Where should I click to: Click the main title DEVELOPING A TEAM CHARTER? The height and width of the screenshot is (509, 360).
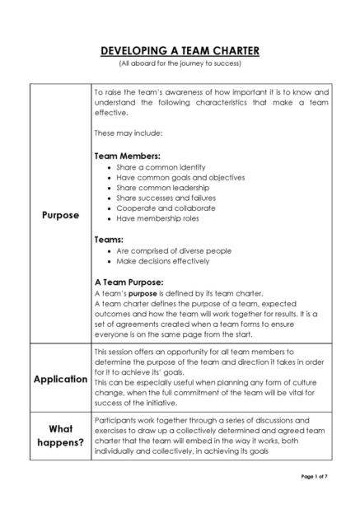[180, 51]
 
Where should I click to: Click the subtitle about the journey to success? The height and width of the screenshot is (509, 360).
[180, 63]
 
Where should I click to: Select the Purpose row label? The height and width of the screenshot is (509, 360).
[60, 215]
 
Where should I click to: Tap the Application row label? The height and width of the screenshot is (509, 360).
[60, 379]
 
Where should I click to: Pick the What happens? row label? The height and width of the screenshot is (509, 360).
[60, 436]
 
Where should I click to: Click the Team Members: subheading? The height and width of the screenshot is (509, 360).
[128, 155]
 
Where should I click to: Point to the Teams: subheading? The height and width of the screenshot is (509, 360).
[110, 239]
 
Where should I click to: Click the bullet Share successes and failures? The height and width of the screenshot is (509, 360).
[166, 198]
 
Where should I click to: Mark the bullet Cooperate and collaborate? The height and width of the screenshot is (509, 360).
[166, 208]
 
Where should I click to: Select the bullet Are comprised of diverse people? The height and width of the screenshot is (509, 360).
[174, 250]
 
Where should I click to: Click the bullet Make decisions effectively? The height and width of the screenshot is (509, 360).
[163, 261]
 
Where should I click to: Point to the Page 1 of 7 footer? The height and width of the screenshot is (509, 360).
[314, 476]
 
